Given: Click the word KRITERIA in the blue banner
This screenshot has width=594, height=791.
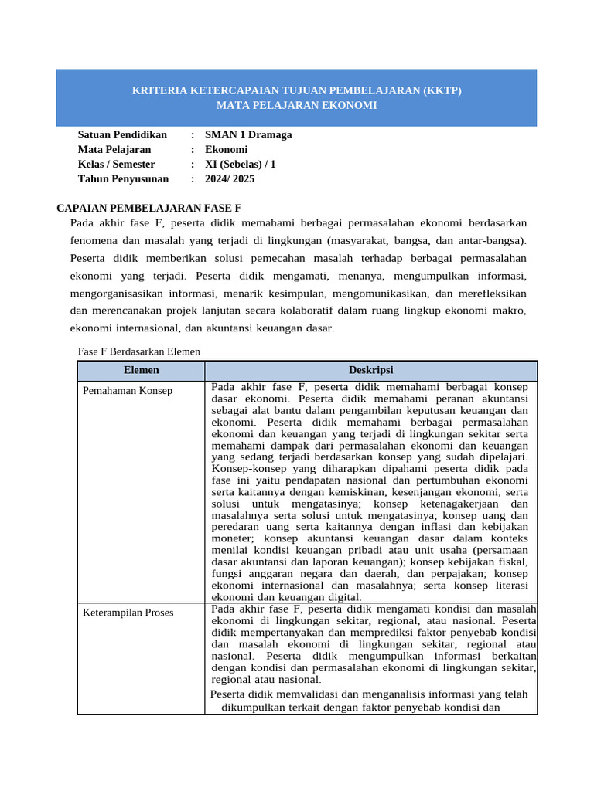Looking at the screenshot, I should point(160,90).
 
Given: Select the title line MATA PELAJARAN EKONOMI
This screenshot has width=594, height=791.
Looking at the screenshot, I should point(296,105).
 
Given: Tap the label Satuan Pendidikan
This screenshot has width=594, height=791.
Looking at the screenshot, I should point(122,135).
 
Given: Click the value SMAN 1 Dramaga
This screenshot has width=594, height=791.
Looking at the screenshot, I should point(248,135).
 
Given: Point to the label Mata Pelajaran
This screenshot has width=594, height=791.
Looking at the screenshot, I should point(114,150).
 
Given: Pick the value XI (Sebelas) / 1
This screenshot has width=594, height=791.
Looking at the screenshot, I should point(240,165).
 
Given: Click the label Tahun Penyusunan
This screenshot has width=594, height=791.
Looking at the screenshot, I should point(123,179).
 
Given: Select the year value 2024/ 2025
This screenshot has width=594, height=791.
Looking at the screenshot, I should point(230,179).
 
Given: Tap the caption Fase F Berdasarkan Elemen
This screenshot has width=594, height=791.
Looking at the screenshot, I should point(139,351).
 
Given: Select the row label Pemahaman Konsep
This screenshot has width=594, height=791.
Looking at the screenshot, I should point(128,391).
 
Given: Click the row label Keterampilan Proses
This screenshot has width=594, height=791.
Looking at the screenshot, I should point(128,613).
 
